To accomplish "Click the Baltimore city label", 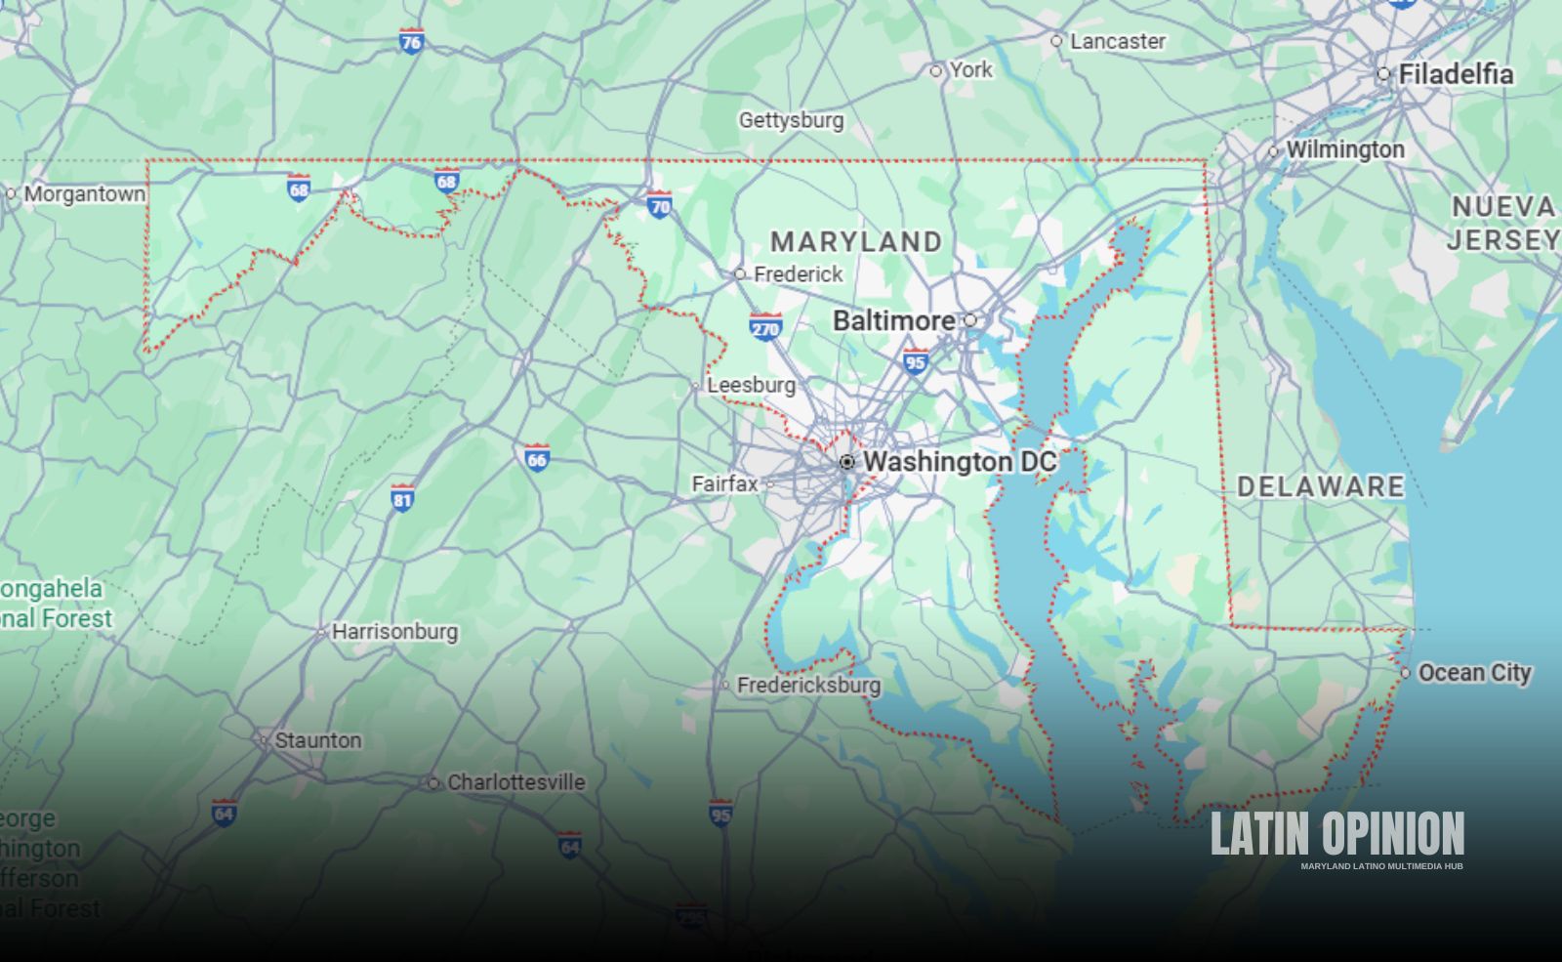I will tap(893, 320).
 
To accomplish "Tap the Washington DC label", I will tap(960, 461).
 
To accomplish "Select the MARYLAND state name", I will tap(856, 241).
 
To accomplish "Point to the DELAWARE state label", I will tap(1320, 486).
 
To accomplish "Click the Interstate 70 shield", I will tap(660, 204).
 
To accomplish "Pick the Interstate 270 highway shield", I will tap(765, 327).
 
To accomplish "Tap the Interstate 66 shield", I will tap(536, 457).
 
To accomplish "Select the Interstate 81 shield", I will tap(402, 497).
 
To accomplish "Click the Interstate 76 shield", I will tap(411, 41).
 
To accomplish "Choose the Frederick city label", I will tap(798, 274).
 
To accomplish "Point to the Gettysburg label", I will tap(791, 120).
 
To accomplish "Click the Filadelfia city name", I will tap(1456, 74).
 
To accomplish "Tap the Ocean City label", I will tap(1474, 673).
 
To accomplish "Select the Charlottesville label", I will tap(515, 782).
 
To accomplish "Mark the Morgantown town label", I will tap(84, 193).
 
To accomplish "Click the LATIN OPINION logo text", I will tap(1337, 835).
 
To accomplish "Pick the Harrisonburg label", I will tap(394, 632).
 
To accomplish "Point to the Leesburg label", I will tap(751, 386).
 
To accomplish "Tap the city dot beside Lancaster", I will tap(1056, 41).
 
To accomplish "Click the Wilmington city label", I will tap(1344, 150).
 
